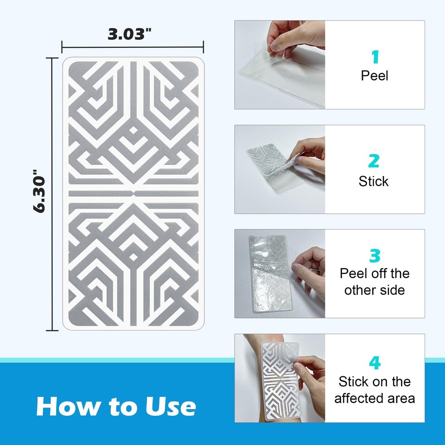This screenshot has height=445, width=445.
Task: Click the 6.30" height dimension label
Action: (39, 194)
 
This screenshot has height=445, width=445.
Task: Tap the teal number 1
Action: (375, 57)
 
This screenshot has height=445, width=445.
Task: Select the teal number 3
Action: (375, 256)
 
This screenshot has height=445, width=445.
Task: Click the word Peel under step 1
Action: (375, 76)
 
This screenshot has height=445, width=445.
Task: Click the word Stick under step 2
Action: (374, 181)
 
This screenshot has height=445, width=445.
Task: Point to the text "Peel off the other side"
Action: (375, 282)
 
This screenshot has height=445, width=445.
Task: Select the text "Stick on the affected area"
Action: (375, 390)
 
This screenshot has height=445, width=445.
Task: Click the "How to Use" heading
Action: (116, 406)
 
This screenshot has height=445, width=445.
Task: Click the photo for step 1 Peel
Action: (280, 65)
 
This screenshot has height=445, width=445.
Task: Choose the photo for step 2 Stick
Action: (280, 169)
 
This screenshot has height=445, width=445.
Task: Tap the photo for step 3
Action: (280, 273)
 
